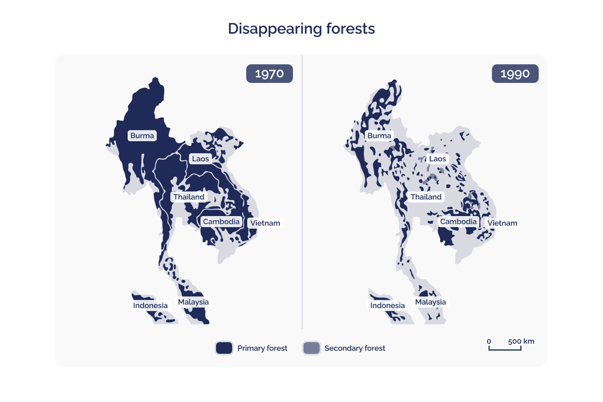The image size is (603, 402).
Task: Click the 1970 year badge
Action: point(269,74)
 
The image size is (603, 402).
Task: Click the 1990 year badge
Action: point(515,74)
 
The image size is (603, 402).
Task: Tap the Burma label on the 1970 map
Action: point(142,136)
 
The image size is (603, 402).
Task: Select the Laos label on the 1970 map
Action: point(200,159)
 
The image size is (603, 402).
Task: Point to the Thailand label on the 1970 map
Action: point(189,197)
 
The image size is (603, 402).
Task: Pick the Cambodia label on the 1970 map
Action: point(221,222)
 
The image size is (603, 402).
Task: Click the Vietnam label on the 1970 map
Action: point(265,223)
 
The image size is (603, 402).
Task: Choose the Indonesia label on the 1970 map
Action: point(150,306)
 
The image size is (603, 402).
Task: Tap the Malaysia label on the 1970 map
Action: point(193,302)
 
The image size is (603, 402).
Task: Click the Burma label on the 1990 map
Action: point(379,136)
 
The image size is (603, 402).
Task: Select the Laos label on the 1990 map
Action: point(437,159)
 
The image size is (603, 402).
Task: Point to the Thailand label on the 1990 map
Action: point(426,197)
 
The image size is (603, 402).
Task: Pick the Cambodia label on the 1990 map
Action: point(458,222)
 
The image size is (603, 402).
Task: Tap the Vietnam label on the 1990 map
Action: point(502,223)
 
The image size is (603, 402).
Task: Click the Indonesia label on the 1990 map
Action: point(387,306)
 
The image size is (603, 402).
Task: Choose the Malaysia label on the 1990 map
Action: point(431,302)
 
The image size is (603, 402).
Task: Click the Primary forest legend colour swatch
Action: point(224,348)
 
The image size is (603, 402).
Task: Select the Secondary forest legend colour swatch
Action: point(311,348)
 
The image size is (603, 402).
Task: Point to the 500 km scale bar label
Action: point(521,342)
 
